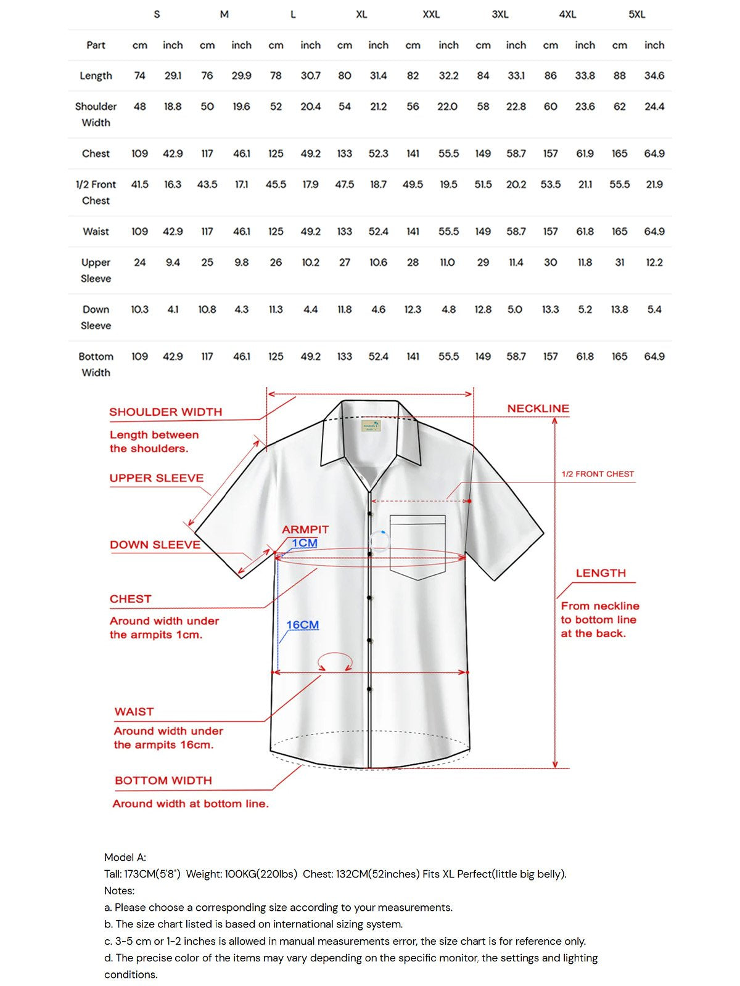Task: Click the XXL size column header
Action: (431, 14)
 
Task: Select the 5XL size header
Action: (636, 14)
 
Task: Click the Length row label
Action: (96, 76)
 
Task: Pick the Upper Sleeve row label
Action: (96, 270)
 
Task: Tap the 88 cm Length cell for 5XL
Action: (619, 76)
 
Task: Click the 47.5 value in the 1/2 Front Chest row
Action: (345, 184)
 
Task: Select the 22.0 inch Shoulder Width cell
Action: (447, 107)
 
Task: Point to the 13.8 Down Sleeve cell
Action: (619, 309)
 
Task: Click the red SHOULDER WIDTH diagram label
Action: (165, 412)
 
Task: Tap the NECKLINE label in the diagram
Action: (538, 409)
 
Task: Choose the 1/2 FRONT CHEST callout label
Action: (598, 474)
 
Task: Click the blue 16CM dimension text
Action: (302, 625)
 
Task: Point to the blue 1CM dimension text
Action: (305, 543)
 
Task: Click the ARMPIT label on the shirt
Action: (305, 529)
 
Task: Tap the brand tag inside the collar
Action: (371, 426)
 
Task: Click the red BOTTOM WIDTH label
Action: (163, 781)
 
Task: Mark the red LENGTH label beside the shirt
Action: (601, 573)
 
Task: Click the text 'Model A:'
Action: (125, 857)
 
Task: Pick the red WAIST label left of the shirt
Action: (134, 712)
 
